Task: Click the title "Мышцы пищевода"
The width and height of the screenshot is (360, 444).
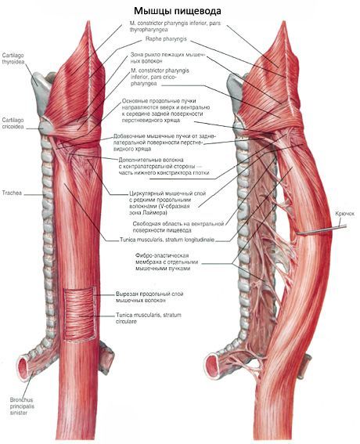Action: (x=177, y=11)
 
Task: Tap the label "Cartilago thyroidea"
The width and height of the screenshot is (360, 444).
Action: (x=13, y=59)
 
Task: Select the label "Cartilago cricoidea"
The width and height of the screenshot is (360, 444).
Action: (x=13, y=124)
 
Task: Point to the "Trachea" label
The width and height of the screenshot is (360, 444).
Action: (x=12, y=193)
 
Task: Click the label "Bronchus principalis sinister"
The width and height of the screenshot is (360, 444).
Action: (x=22, y=406)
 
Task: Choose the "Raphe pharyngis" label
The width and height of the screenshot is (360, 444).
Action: (x=166, y=39)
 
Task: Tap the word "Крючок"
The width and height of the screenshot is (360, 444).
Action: (x=344, y=214)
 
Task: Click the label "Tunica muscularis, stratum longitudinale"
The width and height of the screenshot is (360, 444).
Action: (x=167, y=240)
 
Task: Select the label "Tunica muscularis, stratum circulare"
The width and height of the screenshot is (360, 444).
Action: (x=149, y=318)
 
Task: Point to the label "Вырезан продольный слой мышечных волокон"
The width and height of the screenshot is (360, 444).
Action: (x=149, y=297)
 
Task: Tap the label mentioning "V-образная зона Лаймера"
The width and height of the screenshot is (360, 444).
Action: (x=167, y=204)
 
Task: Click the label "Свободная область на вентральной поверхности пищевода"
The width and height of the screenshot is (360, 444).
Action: (x=178, y=227)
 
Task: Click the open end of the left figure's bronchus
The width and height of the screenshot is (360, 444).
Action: (x=23, y=369)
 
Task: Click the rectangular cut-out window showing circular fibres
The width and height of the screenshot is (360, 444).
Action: (x=80, y=314)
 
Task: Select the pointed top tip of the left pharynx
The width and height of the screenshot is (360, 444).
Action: (x=88, y=22)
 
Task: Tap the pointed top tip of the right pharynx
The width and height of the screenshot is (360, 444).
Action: (x=283, y=22)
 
